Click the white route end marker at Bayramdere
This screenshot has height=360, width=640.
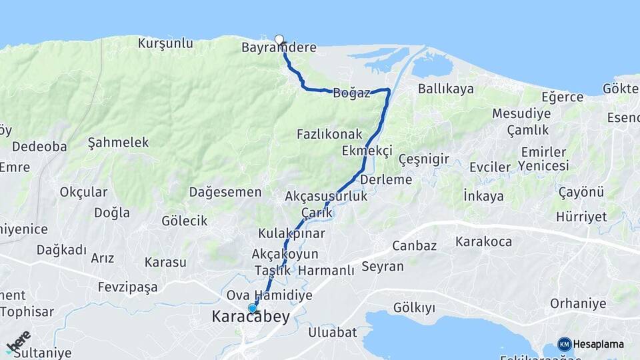(279, 39)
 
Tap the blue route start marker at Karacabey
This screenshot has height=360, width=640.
(252, 308)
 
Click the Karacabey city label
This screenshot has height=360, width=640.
(251, 317)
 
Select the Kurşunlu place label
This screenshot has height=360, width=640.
(165, 43)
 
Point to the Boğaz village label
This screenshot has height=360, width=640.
(351, 93)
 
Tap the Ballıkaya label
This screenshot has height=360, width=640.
(446, 89)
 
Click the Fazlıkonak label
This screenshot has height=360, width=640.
(329, 134)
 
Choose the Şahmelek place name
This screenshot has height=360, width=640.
(119, 143)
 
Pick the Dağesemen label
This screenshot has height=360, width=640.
(225, 192)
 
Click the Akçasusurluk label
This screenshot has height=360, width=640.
(326, 197)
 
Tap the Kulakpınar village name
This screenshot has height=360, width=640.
(292, 233)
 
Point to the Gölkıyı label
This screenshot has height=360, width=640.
(414, 307)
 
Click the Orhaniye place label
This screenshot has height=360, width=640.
(578, 304)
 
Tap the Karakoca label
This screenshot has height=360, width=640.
(484, 241)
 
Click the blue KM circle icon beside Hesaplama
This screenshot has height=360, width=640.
(565, 344)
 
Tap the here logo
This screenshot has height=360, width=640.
(19, 342)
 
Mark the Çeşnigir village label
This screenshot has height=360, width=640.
(423, 159)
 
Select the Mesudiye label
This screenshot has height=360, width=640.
(521, 113)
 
